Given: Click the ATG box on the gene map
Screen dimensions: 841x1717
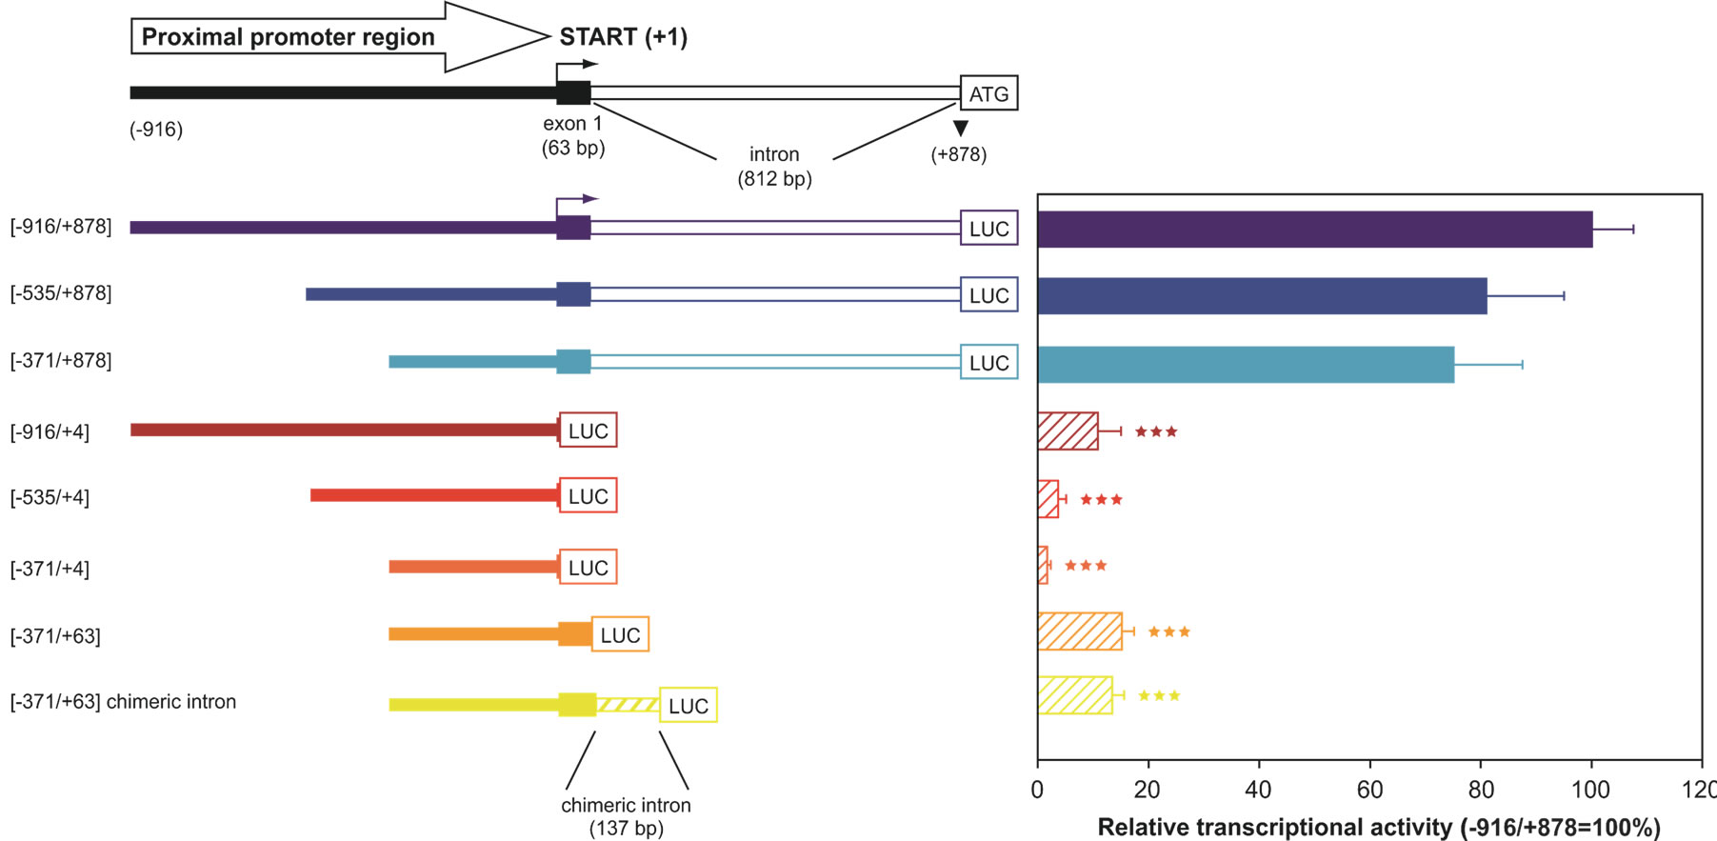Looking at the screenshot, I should click(x=988, y=93).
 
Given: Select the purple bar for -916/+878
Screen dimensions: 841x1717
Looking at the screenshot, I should click(x=1314, y=230).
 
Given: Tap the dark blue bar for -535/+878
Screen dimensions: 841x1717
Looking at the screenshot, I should click(x=1262, y=296).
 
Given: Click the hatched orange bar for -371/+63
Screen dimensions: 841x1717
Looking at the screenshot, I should click(x=1079, y=631).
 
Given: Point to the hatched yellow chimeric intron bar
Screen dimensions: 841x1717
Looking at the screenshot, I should click(x=1074, y=695).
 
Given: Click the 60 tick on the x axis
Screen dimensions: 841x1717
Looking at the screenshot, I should click(x=1369, y=789).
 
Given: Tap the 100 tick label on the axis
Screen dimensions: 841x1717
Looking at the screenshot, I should click(x=1590, y=789).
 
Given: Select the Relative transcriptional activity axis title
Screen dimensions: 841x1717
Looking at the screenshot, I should click(x=1379, y=827).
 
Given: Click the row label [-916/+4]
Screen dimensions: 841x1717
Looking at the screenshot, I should click(x=50, y=432).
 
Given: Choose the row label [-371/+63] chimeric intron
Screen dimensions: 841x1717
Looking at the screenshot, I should click(x=123, y=702).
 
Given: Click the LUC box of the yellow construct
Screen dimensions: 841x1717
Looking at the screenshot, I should click(x=688, y=706).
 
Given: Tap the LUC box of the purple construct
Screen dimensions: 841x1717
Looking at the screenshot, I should click(x=988, y=229).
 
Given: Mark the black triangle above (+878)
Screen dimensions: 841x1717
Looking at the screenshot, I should click(x=961, y=128).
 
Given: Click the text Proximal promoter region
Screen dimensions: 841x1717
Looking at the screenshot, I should click(x=288, y=37).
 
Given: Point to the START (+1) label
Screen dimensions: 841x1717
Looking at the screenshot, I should click(x=623, y=37).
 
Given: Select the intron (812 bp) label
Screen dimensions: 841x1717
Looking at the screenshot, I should click(x=774, y=167).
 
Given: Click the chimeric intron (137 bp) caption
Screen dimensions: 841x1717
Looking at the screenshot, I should click(x=626, y=816).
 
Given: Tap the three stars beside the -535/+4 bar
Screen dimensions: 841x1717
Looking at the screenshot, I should click(x=1101, y=499).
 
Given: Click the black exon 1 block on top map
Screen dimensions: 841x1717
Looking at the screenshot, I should click(x=573, y=92).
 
